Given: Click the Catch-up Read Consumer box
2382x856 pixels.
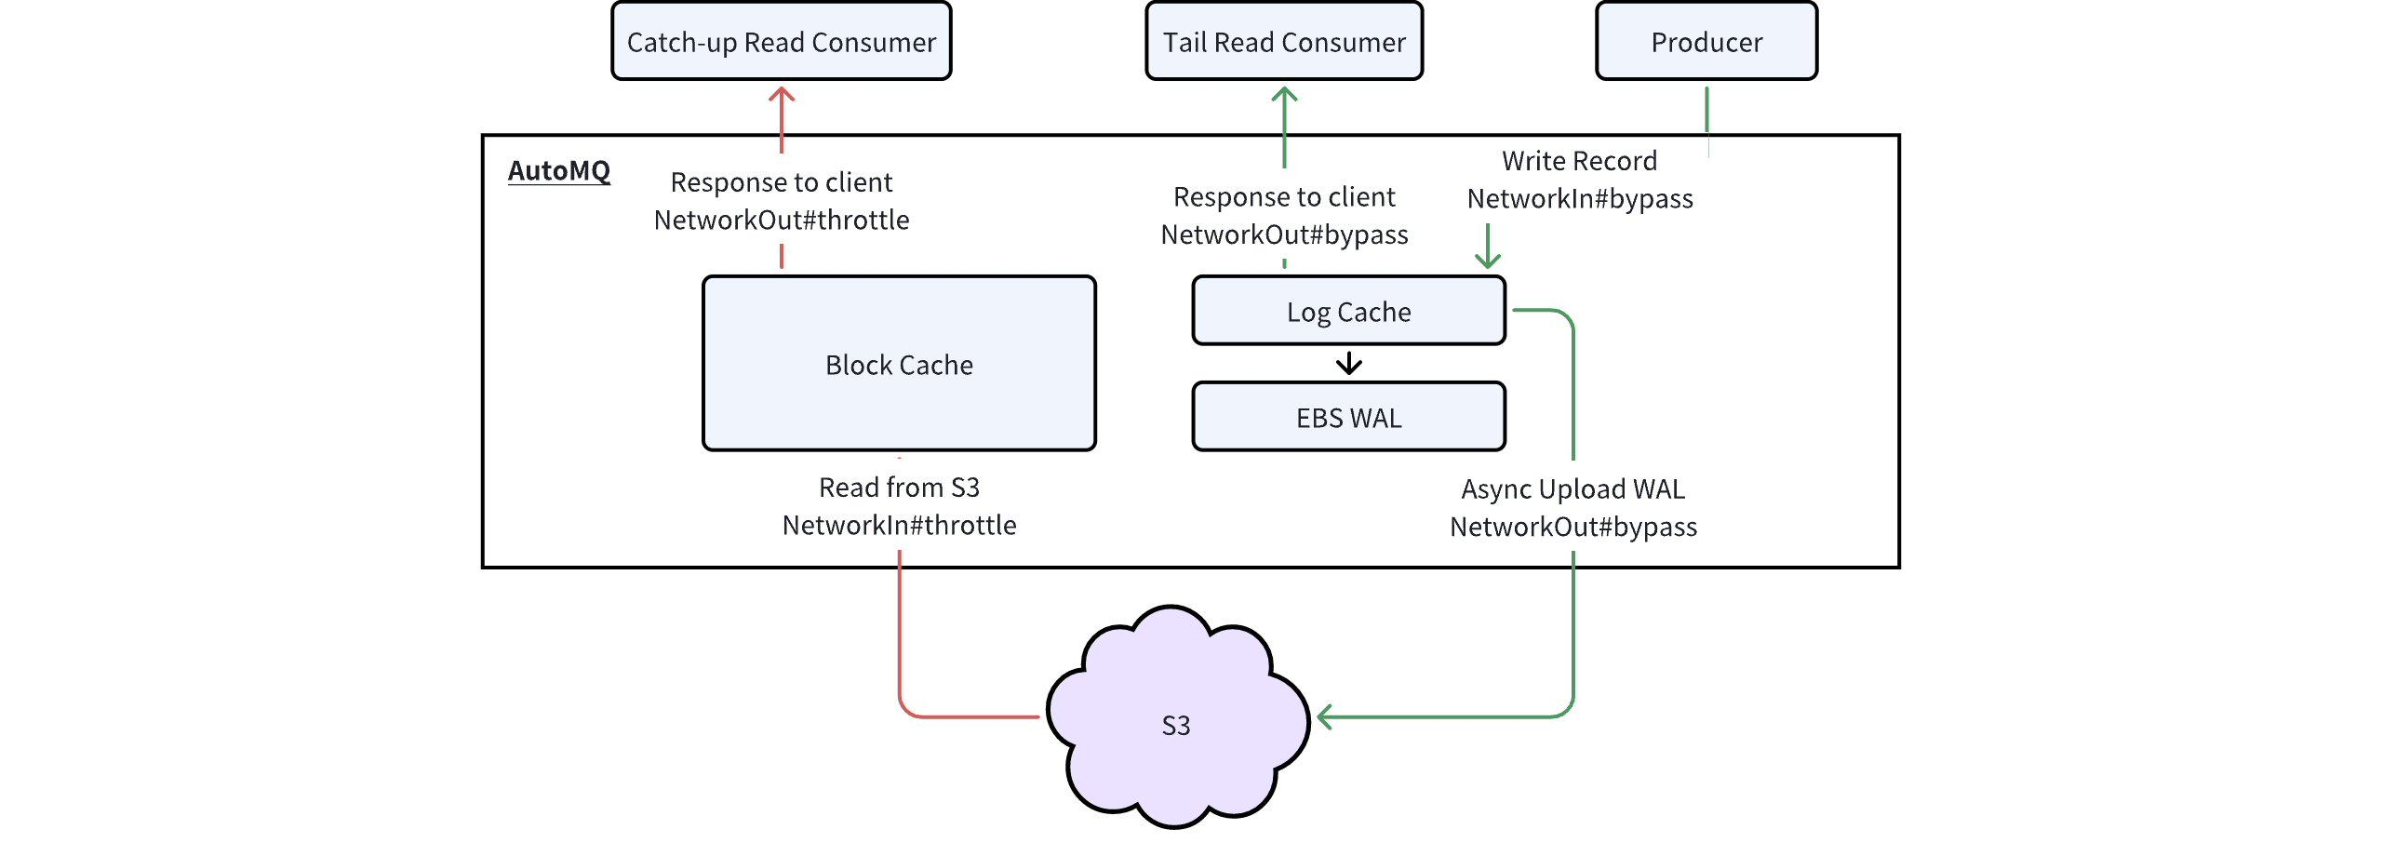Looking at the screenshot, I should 781,42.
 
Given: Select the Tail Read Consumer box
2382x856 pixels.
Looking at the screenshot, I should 1284,42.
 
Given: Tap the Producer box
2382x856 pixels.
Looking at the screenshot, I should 1706,42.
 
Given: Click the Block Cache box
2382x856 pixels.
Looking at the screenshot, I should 899,364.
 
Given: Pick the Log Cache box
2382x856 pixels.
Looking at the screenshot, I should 1348,311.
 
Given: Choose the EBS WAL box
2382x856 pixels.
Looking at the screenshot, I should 1348,417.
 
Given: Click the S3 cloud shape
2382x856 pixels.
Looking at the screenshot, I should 1176,724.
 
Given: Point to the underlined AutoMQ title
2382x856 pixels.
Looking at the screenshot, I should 558,170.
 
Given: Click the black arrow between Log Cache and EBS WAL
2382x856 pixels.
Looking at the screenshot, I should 1348,363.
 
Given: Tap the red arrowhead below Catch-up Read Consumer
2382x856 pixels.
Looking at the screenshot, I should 782,93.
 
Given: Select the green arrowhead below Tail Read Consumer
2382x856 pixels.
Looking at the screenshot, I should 1284,93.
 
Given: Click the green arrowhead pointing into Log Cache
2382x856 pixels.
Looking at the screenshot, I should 1488,262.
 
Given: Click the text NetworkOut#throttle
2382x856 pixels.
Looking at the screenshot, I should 782,220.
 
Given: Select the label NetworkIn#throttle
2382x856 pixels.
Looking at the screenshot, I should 899,525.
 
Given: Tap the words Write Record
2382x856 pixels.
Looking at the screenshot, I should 1579,161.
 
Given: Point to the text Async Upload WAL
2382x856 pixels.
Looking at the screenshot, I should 1572,488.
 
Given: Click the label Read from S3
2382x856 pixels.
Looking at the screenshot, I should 899,487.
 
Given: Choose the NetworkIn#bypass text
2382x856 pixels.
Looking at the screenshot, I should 1579,198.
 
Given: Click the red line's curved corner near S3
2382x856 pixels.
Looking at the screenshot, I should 906,709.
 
